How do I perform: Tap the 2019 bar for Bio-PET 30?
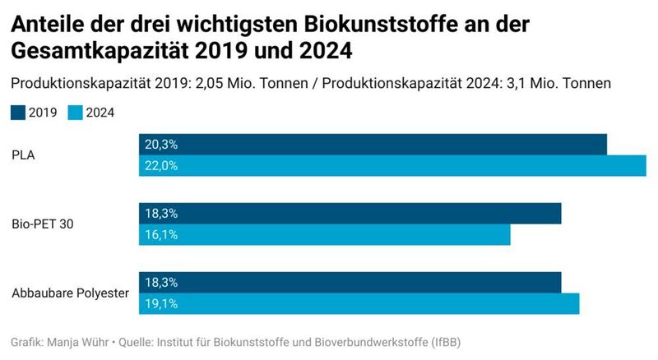[x=350, y=213]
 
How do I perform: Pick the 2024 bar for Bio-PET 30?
[x=324, y=234]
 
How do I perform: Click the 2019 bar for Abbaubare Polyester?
[x=350, y=282]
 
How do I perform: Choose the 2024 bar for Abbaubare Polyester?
[x=359, y=303]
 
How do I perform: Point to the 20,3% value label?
[x=161, y=145]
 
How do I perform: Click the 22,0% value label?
[x=161, y=166]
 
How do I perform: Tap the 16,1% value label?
[x=161, y=235]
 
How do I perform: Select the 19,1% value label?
[x=161, y=304]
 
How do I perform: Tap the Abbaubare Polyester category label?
[x=70, y=293]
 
